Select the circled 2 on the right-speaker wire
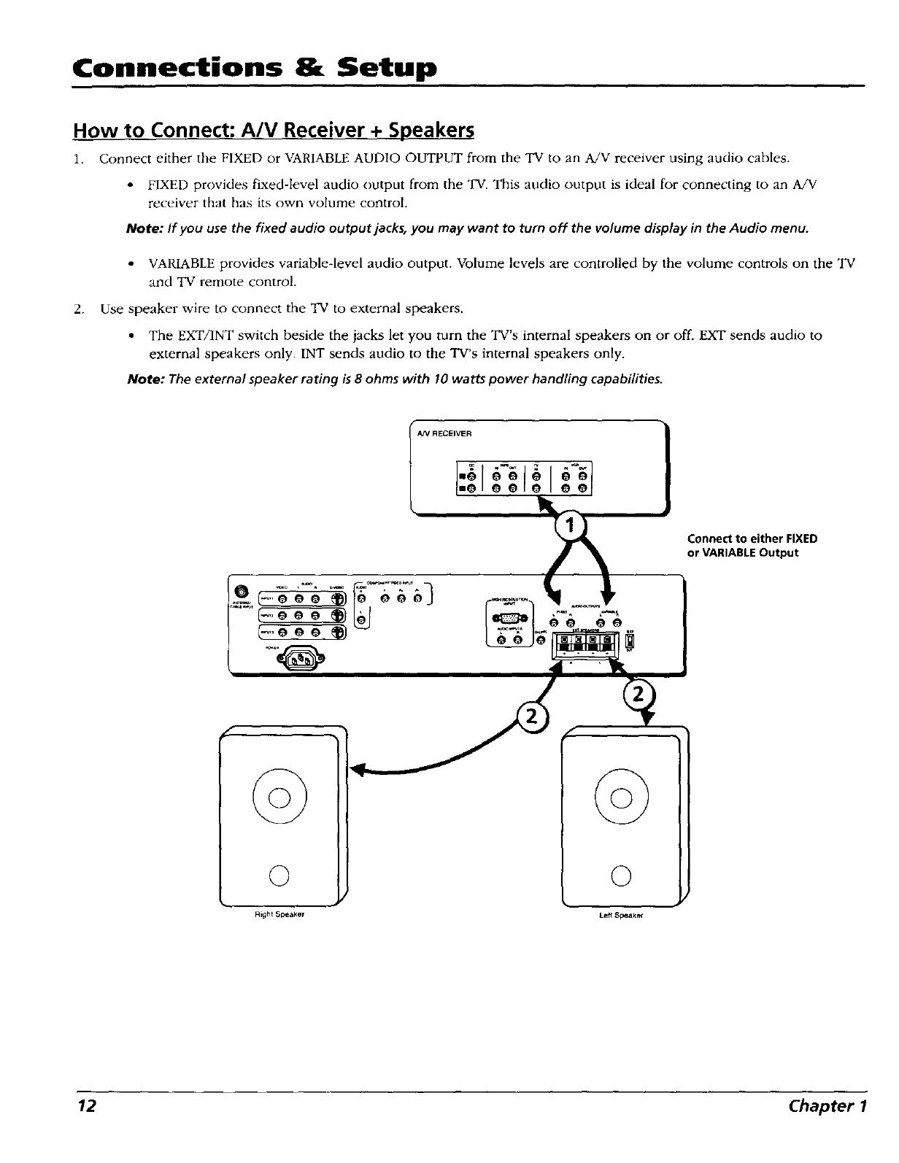pyautogui.click(x=533, y=717)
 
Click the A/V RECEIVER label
pyautogui.click(x=445, y=433)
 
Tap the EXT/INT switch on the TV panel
pyautogui.click(x=631, y=642)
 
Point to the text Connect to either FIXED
pyautogui.click(x=752, y=539)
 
